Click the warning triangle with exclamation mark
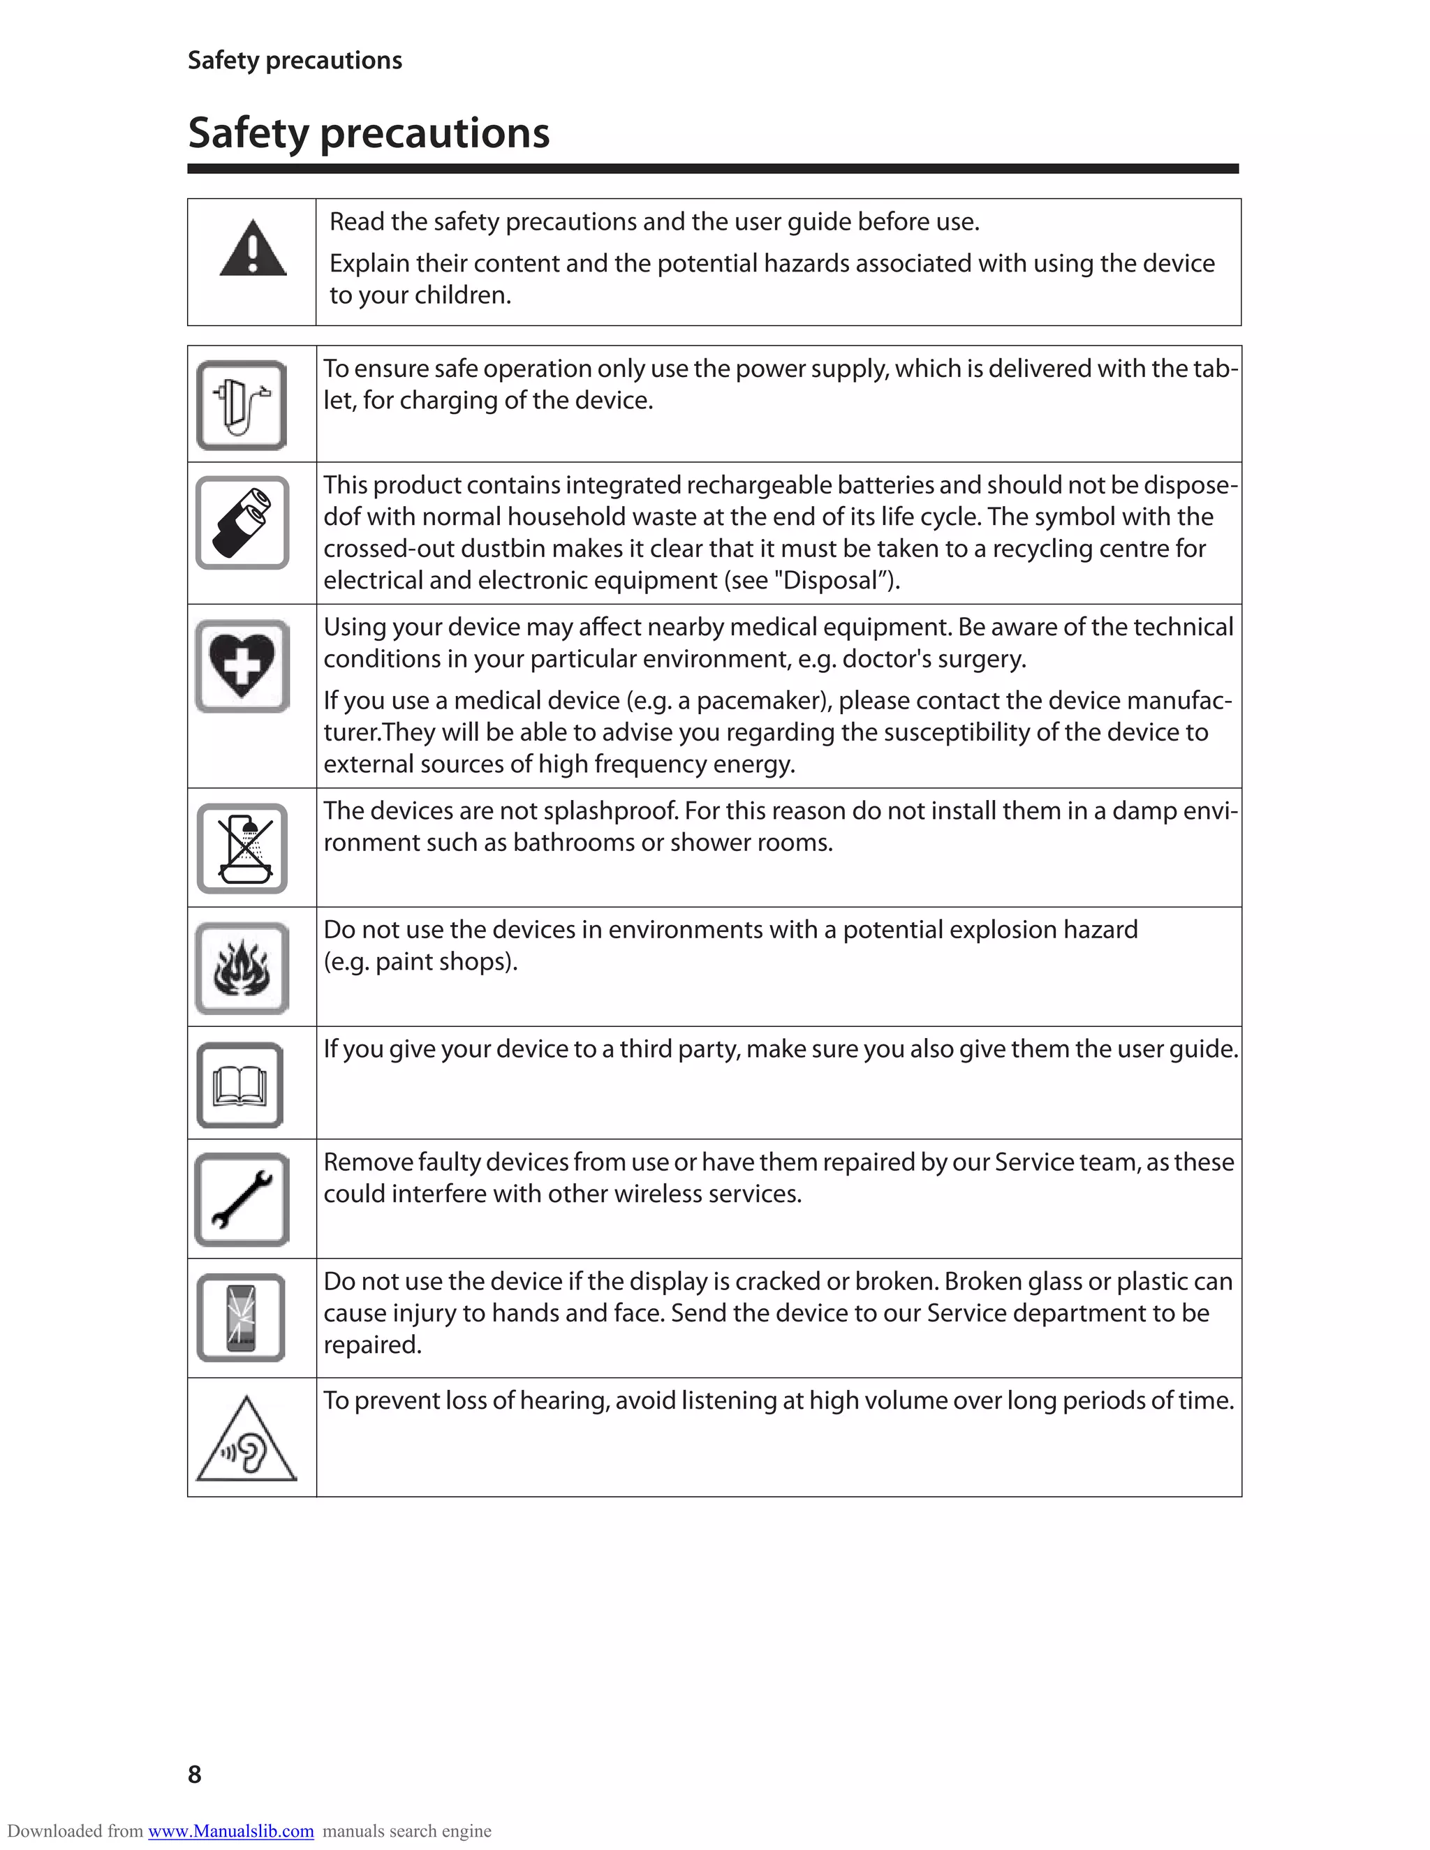(253, 249)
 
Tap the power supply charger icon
(242, 406)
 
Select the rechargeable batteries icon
(242, 523)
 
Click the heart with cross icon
(242, 666)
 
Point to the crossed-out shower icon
(242, 848)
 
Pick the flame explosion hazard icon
(242, 968)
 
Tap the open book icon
(239, 1085)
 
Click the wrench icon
(242, 1199)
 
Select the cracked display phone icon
(241, 1318)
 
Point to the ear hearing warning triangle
(246, 1442)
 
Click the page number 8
(195, 1774)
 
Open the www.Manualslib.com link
(230, 1831)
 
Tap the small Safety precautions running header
(295, 60)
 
